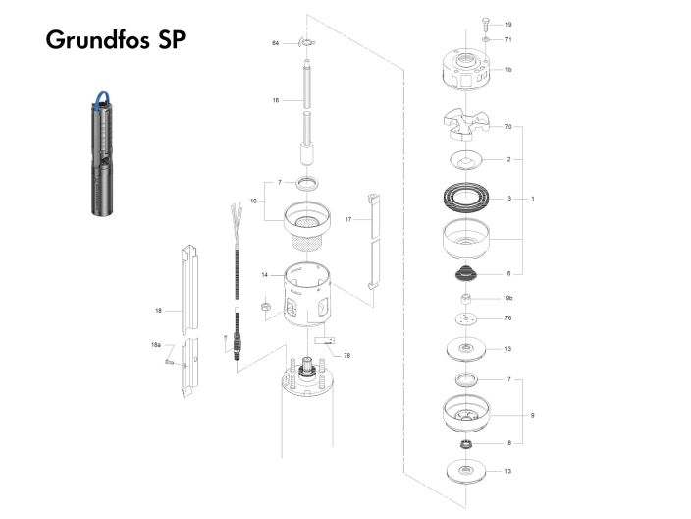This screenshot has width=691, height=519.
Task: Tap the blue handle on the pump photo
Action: pos(101,95)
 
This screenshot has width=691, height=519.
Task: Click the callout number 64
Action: pos(276,43)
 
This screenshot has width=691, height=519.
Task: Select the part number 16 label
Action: pos(276,100)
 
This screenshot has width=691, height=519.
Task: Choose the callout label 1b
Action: pos(508,70)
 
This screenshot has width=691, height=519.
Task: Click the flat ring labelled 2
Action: pos(464,159)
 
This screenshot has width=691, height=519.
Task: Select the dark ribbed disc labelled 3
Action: pos(464,199)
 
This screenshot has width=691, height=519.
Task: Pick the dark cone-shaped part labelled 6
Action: pos(464,272)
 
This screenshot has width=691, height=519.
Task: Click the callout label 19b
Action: pos(508,297)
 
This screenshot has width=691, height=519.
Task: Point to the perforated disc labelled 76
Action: pos(464,318)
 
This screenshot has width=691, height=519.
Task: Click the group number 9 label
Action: pos(533,416)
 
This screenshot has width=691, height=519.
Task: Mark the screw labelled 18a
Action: pos(170,363)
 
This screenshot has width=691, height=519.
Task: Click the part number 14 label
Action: pos(265,275)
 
